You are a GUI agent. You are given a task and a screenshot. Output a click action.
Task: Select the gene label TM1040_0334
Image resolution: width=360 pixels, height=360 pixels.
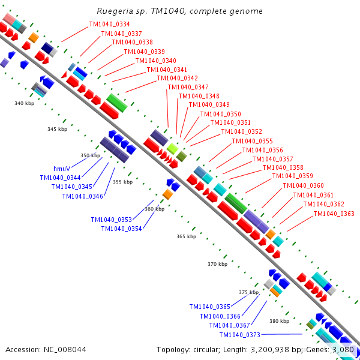pyautogui.click(x=109, y=24)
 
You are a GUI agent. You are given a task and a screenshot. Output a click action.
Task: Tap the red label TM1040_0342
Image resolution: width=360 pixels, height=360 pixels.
pyautogui.click(x=177, y=78)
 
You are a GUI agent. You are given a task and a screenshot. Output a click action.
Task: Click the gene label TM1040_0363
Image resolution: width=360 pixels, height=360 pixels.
pyautogui.click(x=334, y=214)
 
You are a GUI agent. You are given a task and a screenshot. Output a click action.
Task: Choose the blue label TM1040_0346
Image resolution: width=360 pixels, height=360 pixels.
pyautogui.click(x=82, y=196)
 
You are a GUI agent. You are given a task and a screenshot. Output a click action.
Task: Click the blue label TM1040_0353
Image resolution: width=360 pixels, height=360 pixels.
pyautogui.click(x=112, y=220)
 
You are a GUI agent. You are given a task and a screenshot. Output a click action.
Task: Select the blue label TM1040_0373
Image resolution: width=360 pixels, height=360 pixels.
pyautogui.click(x=239, y=335)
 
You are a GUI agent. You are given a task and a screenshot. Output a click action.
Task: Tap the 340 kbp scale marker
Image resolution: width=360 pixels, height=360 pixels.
pyautogui.click(x=24, y=103)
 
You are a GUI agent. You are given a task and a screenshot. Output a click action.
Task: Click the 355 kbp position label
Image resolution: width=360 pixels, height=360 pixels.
pyautogui.click(x=122, y=182)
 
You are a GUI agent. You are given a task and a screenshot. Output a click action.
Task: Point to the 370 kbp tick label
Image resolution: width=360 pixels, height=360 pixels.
pyautogui.click(x=217, y=264)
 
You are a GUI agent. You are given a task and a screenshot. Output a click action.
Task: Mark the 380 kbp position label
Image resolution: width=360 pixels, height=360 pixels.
pyautogui.click(x=279, y=321)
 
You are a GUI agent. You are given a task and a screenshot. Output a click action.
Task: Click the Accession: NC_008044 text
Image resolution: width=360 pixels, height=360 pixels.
pyautogui.click(x=46, y=349)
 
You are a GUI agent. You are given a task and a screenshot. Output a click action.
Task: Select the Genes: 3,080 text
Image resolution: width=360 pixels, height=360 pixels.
pyautogui.click(x=332, y=349)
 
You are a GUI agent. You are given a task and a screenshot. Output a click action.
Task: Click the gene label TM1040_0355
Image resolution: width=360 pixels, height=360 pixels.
pyautogui.click(x=253, y=141)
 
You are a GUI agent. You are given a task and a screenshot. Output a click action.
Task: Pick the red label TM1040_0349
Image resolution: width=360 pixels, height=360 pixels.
pyautogui.click(x=209, y=104)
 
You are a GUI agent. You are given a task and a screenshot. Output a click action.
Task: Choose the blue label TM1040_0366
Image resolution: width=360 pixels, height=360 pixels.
pyautogui.click(x=220, y=316)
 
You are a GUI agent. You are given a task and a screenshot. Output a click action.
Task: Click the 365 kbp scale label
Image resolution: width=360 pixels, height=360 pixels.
pyautogui.click(x=186, y=237)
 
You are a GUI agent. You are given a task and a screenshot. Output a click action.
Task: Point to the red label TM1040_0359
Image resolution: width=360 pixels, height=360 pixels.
pyautogui.click(x=293, y=176)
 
